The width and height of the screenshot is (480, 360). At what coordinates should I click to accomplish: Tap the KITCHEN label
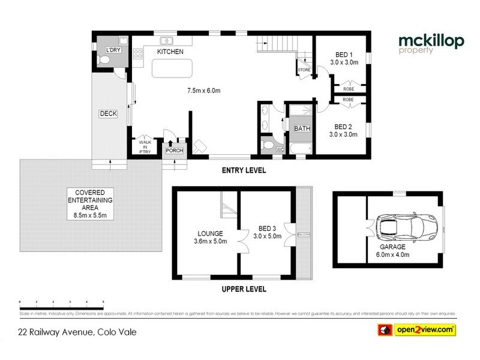(170, 52)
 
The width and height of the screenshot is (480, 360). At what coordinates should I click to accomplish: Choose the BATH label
(301, 128)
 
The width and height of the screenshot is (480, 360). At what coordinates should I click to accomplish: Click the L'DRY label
(113, 49)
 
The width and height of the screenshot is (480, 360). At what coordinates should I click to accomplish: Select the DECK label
(108, 113)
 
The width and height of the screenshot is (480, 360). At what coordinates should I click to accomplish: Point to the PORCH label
(174, 150)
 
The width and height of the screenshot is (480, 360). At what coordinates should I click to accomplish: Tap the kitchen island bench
(171, 71)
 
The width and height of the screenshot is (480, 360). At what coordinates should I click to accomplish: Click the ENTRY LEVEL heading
(244, 170)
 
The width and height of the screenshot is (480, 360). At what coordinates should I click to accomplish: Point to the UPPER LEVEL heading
(244, 289)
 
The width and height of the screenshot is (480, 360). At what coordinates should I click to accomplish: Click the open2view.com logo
(416, 329)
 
